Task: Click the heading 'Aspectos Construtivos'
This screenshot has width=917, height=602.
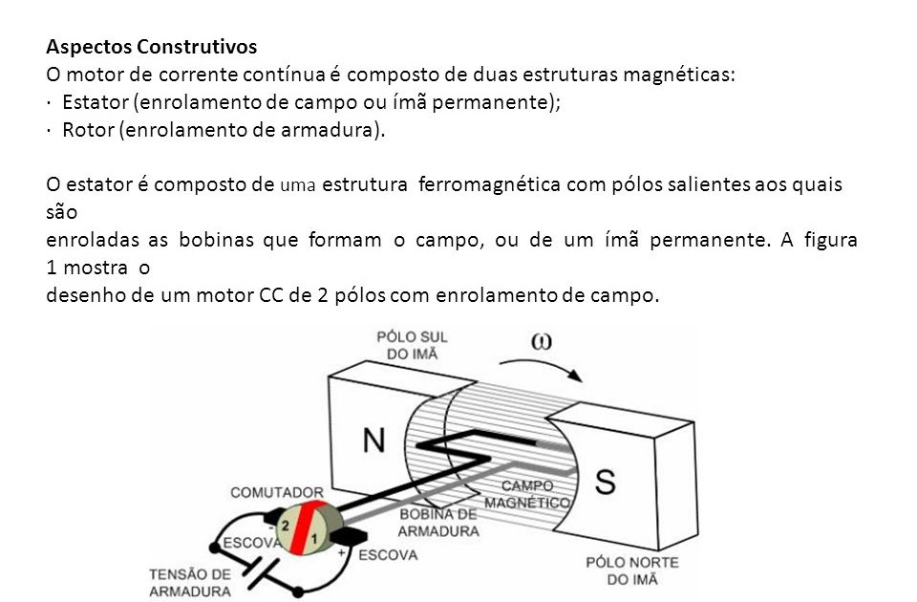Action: pyautogui.click(x=151, y=46)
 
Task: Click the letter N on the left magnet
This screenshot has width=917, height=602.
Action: pyautogui.click(x=375, y=439)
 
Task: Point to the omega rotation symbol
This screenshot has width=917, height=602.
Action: pyautogui.click(x=541, y=342)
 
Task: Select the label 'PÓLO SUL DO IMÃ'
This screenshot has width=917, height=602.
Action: pyautogui.click(x=412, y=346)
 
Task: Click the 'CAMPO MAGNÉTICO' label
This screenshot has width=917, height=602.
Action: pyautogui.click(x=528, y=494)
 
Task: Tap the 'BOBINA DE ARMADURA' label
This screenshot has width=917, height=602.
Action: pyautogui.click(x=438, y=523)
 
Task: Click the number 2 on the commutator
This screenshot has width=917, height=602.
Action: pyautogui.click(x=285, y=526)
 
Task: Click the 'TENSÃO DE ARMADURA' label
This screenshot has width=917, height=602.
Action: pyautogui.click(x=190, y=582)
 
